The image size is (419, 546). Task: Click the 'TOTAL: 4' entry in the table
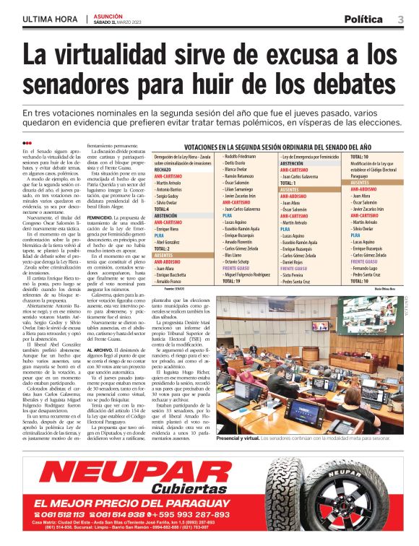(162, 209)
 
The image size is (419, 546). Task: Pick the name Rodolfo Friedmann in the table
(240, 156)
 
